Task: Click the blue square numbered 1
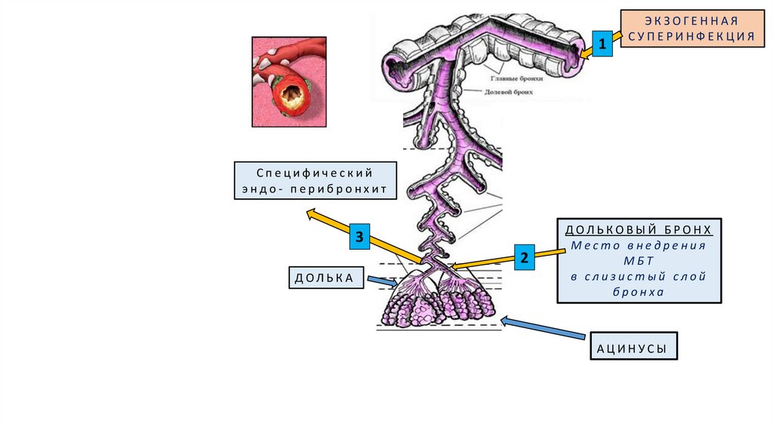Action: [602, 45]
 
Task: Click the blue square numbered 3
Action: [360, 238]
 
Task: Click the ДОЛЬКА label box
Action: [325, 278]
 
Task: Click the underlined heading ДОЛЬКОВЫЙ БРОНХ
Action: [639, 229]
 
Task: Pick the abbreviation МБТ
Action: [639, 260]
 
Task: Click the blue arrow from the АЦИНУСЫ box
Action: [543, 328]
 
